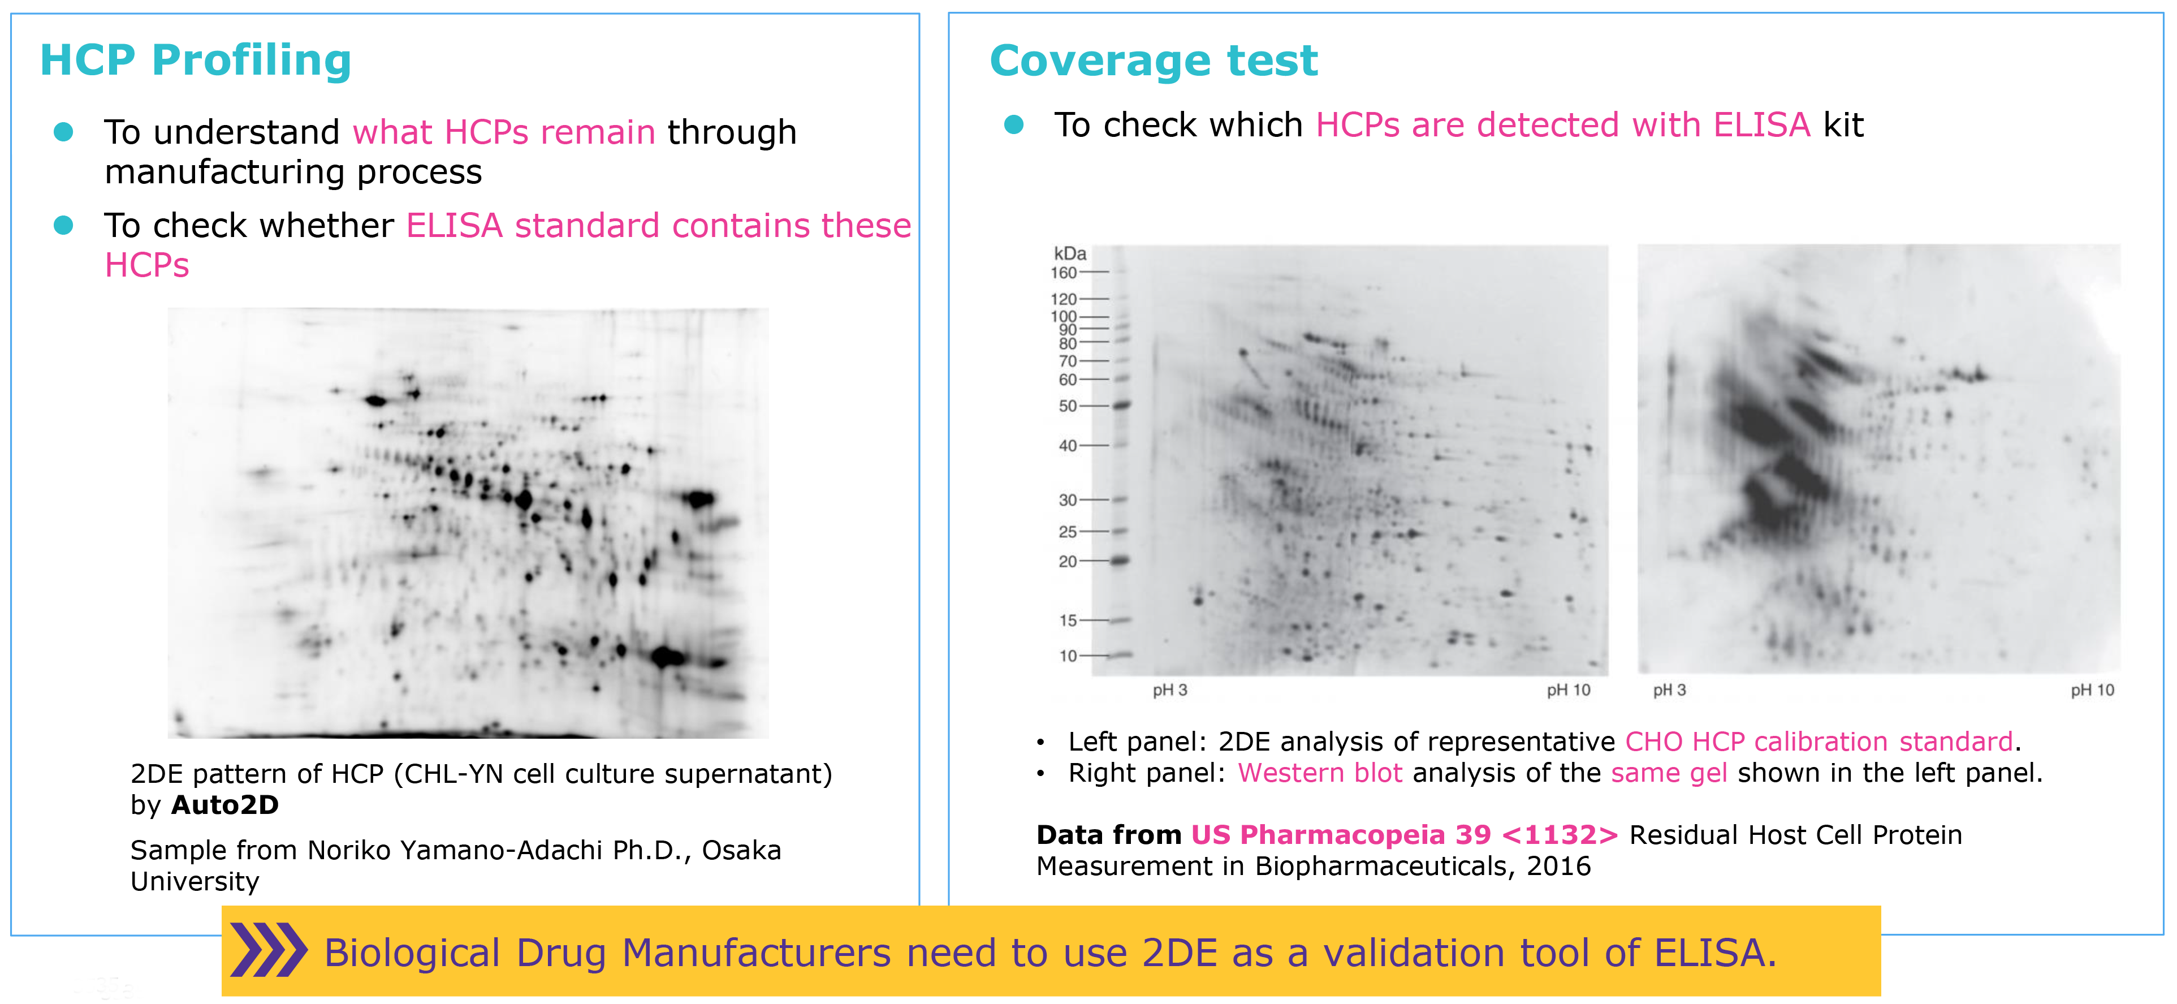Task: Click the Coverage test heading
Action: point(1154,61)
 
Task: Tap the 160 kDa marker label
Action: point(1064,272)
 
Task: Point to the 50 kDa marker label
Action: point(1068,406)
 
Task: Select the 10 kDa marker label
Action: point(1068,655)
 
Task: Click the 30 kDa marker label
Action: point(1068,499)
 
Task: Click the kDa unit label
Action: point(1070,253)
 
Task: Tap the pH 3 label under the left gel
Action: point(1169,690)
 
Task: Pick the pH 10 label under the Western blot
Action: point(2092,690)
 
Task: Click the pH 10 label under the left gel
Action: point(1569,690)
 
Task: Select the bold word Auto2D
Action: point(225,804)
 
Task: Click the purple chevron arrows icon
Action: point(269,950)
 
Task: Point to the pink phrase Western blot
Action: point(1320,773)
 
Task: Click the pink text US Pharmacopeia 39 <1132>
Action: point(1405,834)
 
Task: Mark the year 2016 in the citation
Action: point(1558,865)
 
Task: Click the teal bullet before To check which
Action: point(1013,125)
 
